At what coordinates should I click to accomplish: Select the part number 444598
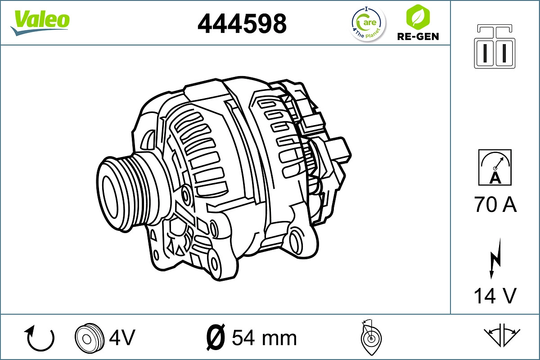click(242, 23)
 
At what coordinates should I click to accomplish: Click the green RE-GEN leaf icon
click(417, 17)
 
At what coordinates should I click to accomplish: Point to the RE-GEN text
click(418, 36)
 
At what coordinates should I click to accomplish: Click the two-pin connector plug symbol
click(495, 47)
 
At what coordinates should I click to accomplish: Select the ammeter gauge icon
click(495, 167)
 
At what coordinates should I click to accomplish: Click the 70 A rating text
click(495, 205)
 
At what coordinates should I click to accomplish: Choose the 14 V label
click(495, 296)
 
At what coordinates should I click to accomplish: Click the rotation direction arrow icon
click(40, 338)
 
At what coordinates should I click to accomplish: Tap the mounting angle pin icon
click(371, 337)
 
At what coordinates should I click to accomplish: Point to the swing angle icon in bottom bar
click(502, 335)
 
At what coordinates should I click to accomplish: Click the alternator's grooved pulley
click(118, 186)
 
